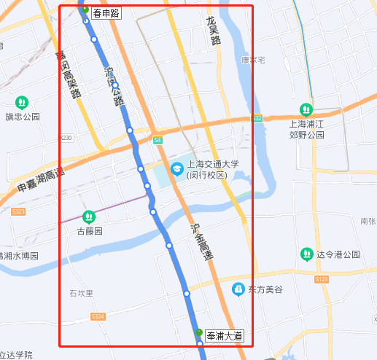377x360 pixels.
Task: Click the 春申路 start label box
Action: coord(106,13)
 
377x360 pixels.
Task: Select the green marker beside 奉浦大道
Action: coord(198,333)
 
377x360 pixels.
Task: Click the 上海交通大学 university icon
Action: coord(176,169)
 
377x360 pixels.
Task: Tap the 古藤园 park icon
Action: coord(89,216)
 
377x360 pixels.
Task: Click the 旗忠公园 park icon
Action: coord(22,102)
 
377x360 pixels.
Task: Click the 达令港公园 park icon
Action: coord(307,254)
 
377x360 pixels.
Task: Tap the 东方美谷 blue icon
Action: coord(238,289)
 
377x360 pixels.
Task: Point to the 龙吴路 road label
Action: coord(214,33)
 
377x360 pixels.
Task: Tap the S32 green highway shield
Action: coord(257,118)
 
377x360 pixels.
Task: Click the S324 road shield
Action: coord(98,316)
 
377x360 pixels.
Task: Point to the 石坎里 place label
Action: coord(82,293)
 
